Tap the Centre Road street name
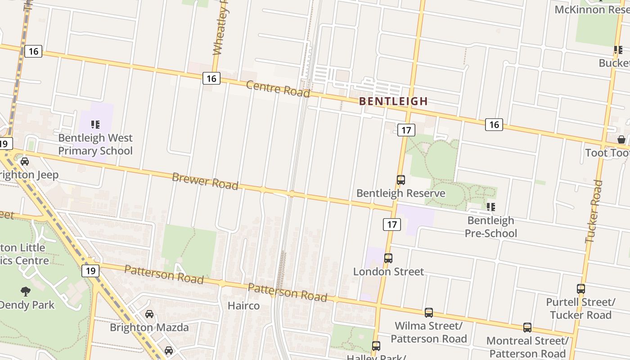[x=278, y=89]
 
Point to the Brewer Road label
[x=205, y=181]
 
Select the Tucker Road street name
[x=594, y=211]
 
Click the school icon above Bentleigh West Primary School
[x=95, y=125]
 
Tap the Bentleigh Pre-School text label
[x=490, y=227]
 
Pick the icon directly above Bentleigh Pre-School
[x=490, y=207]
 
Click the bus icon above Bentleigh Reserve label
[x=400, y=180]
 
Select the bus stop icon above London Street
[x=388, y=258]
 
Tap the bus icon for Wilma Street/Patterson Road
[x=428, y=312]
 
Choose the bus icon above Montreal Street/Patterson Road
[x=527, y=328]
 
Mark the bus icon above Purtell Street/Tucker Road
[x=581, y=289]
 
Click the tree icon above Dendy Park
[x=25, y=292]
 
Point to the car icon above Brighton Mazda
[x=149, y=314]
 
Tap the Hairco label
[x=243, y=306]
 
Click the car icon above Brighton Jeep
[x=25, y=162]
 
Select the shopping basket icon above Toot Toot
[x=621, y=139]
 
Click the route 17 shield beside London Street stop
[x=392, y=224]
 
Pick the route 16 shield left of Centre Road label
[x=211, y=78]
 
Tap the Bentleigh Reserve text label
[x=400, y=193]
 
